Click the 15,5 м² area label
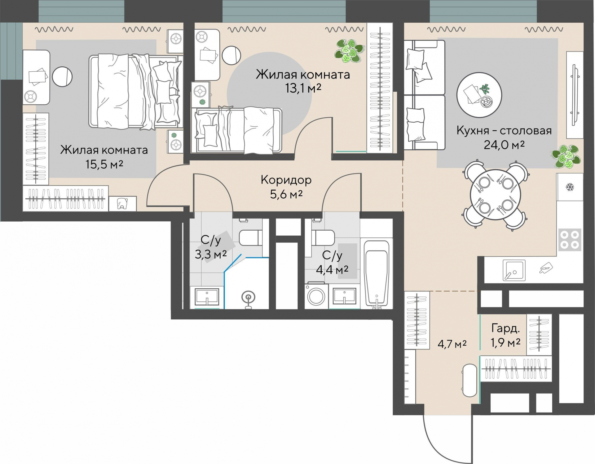(104, 164)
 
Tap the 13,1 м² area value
(303, 88)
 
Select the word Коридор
(286, 180)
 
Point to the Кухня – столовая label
(504, 131)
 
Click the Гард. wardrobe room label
(505, 328)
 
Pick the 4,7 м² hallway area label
(452, 344)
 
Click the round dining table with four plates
(495, 195)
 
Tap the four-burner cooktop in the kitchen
(570, 240)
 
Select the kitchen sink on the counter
(514, 270)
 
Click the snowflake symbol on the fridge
(570, 187)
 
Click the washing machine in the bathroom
(316, 296)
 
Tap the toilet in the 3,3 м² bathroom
(251, 238)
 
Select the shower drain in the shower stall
(248, 297)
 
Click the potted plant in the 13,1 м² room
(349, 51)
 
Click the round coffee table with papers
(479, 95)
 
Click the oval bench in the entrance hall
(469, 380)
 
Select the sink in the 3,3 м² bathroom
(207, 296)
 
